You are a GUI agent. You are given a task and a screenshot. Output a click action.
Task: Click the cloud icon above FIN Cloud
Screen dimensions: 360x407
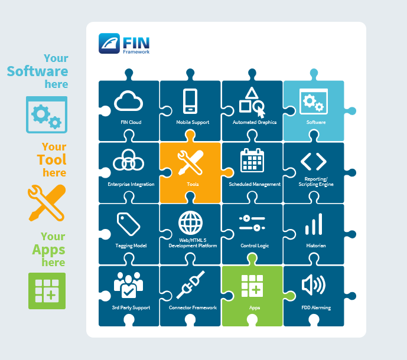[x=129, y=102]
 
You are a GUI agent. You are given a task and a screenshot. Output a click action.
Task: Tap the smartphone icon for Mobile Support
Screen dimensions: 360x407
[x=190, y=101]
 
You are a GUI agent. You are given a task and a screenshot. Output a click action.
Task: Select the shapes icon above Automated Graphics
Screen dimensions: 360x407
[x=252, y=102]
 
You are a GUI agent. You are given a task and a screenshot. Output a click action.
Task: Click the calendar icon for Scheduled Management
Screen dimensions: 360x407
[x=252, y=161]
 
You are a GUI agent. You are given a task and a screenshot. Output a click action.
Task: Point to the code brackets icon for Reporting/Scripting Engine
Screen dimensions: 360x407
[x=313, y=161]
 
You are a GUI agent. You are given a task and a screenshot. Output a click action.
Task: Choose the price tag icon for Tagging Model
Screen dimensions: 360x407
[x=128, y=224]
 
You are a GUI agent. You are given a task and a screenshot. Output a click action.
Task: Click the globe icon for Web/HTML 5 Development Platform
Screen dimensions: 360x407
[x=190, y=223]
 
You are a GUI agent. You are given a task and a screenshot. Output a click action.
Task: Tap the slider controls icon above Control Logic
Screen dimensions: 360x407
[x=252, y=223]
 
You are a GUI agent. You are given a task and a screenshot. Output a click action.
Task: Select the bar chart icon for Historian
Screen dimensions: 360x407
[x=314, y=225]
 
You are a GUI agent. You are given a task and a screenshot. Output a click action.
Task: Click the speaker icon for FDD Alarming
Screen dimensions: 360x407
[x=313, y=286]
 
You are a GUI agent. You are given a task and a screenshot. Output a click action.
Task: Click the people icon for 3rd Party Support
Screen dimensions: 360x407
[x=128, y=285]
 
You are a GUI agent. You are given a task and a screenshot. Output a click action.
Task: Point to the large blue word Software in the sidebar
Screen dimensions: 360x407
[x=37, y=71]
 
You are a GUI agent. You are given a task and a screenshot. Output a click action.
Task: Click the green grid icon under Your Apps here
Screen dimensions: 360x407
[x=47, y=290]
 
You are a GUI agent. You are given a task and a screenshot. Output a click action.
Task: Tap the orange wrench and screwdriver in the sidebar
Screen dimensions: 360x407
[x=46, y=202]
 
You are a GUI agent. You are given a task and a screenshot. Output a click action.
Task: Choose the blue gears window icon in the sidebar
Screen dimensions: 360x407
[x=46, y=114]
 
